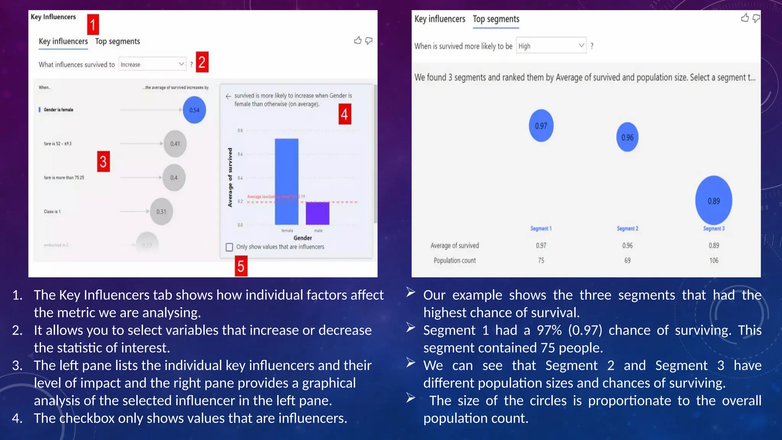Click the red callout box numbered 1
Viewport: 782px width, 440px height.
click(x=93, y=25)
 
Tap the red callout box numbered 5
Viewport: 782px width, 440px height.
click(x=241, y=266)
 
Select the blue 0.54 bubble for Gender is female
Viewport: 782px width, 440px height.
click(x=194, y=110)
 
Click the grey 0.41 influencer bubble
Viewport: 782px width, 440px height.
click(x=175, y=144)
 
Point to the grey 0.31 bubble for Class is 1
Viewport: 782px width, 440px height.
click(x=161, y=212)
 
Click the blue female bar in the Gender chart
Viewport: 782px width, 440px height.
click(x=286, y=181)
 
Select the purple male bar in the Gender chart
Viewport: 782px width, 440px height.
click(x=317, y=213)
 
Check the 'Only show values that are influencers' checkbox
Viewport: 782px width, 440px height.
click(x=229, y=247)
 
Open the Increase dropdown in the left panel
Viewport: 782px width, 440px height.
click(x=152, y=65)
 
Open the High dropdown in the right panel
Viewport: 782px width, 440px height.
click(x=551, y=46)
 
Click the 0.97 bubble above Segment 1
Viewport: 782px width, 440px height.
click(x=541, y=126)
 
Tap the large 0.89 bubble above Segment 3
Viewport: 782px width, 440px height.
click(x=713, y=201)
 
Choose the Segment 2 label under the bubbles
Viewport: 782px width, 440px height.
click(x=627, y=228)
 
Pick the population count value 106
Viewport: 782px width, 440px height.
click(x=714, y=260)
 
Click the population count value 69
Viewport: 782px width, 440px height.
click(x=627, y=260)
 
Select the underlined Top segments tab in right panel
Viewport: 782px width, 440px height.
click(x=496, y=19)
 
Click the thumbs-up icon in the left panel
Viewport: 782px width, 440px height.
click(x=358, y=40)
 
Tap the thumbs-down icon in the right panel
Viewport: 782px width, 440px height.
click(x=756, y=18)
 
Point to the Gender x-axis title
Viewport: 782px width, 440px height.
click(x=302, y=238)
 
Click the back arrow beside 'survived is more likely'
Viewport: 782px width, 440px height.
click(x=228, y=96)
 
